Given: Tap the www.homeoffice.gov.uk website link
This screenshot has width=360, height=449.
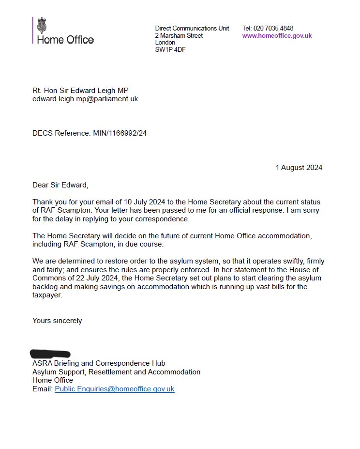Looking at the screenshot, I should [277, 35].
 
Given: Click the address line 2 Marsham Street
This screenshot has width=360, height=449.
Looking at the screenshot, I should [179, 35].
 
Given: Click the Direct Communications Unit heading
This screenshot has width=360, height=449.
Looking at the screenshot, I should [192, 28].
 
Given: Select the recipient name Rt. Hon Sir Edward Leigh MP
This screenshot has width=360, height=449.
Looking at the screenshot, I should [80, 90].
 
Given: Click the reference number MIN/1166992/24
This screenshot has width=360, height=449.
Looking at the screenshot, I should [120, 133].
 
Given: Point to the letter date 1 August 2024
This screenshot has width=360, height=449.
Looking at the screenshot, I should [299, 168].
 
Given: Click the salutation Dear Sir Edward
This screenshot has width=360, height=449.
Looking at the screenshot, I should [60, 185].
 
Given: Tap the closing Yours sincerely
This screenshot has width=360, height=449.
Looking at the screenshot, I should [57, 320].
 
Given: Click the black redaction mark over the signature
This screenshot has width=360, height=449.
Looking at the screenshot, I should [50, 354].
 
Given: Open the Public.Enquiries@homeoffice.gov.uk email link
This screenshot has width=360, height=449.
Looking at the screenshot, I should [114, 389].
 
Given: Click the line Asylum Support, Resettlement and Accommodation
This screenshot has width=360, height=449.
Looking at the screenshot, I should [116, 372].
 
